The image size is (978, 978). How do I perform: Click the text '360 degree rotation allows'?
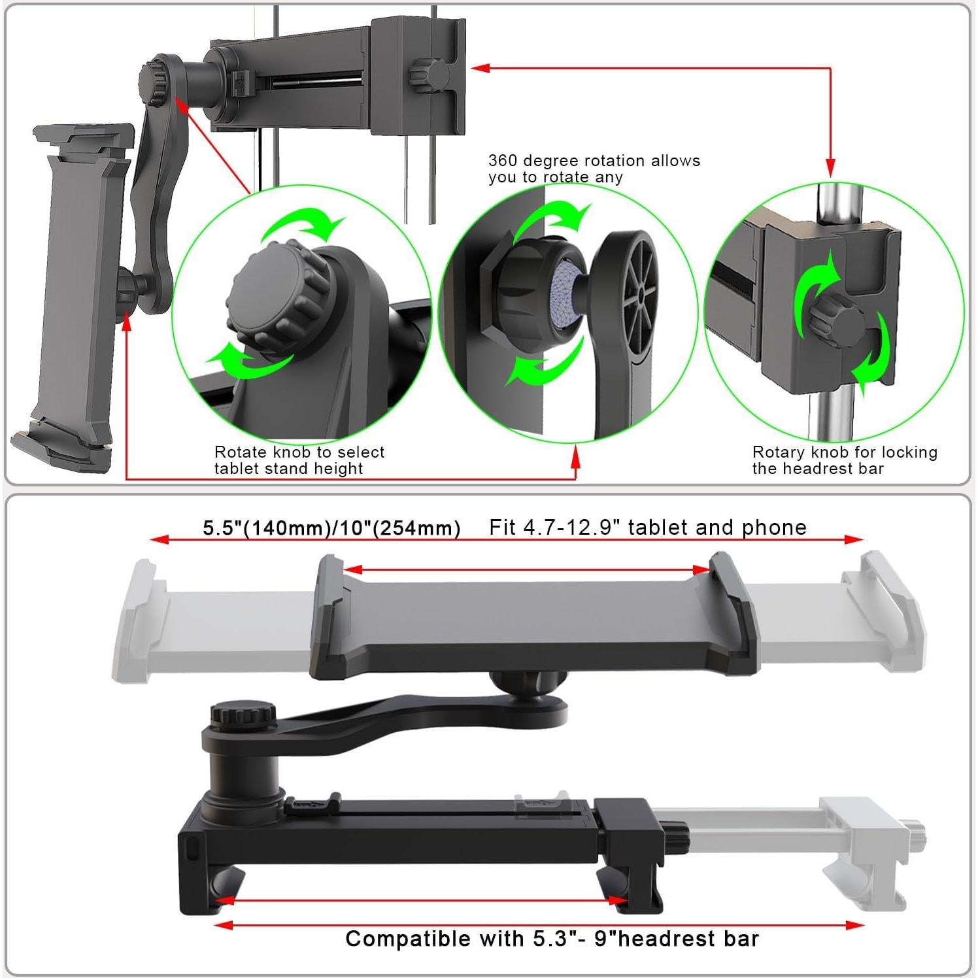pyautogui.click(x=594, y=161)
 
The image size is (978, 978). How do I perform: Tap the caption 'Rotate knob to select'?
pyautogui.click(x=299, y=452)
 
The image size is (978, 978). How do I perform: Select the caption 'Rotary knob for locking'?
pyautogui.click(x=845, y=452)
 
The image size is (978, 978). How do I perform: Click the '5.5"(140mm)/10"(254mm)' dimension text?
pyautogui.click(x=331, y=528)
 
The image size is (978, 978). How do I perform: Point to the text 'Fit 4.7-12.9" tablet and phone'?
pyautogui.click(x=648, y=528)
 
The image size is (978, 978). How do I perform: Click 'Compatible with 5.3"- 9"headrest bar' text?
pyautogui.click(x=552, y=939)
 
